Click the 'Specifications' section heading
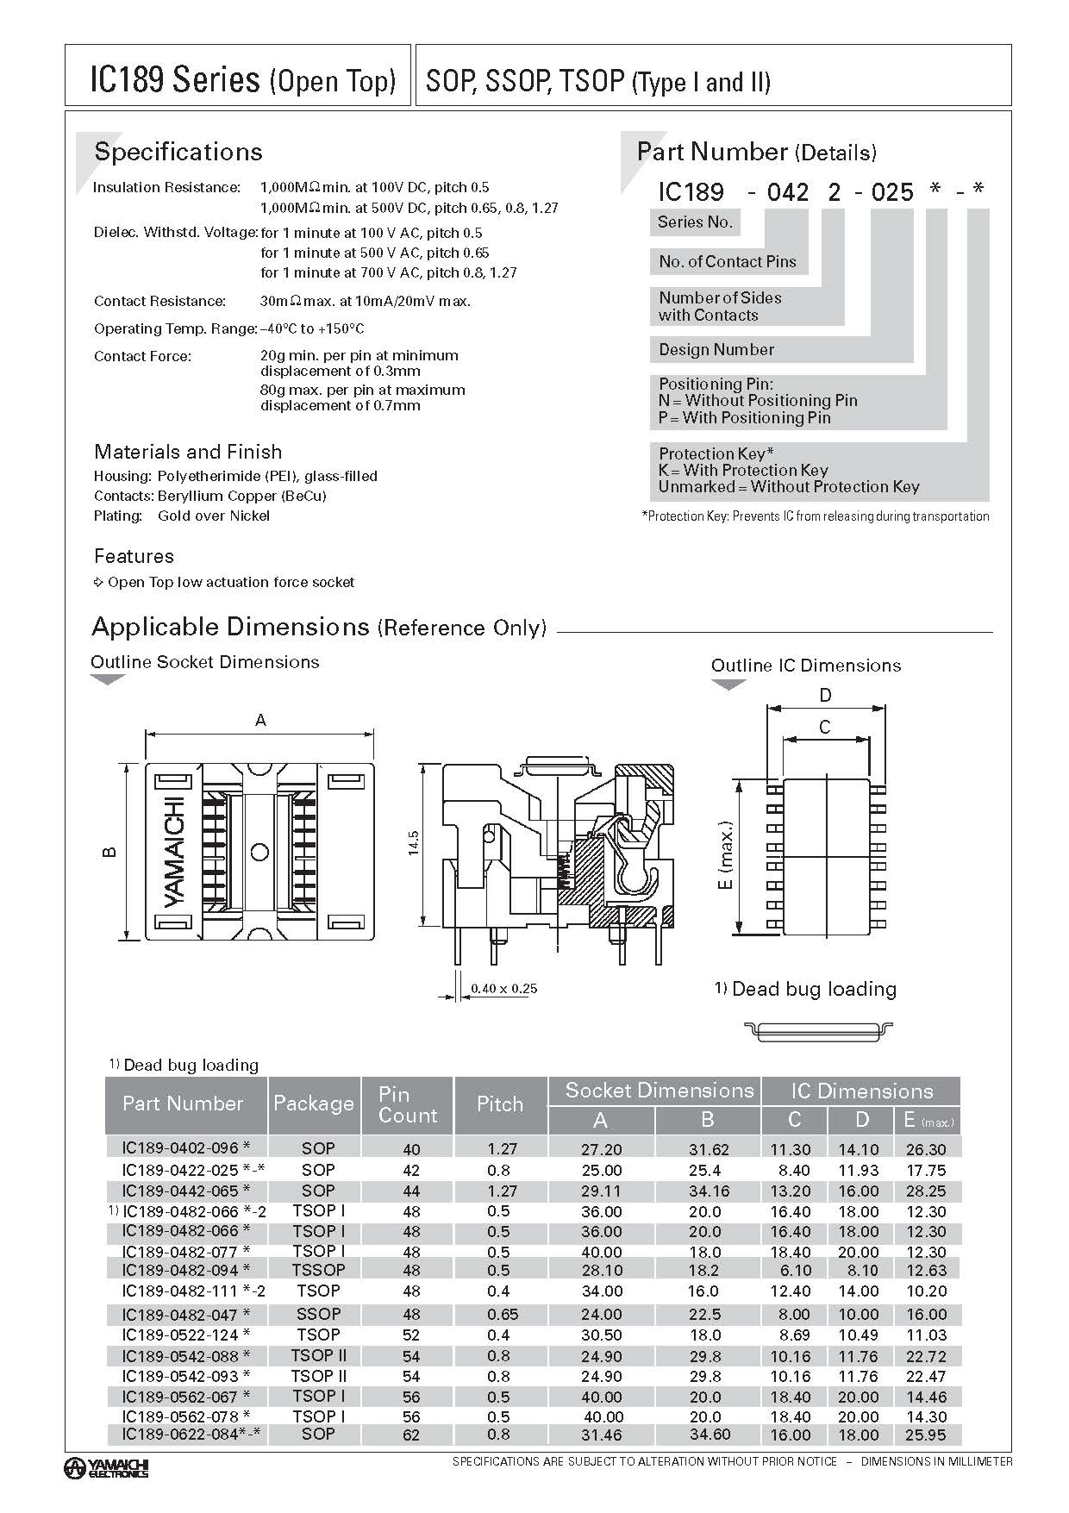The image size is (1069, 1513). (178, 152)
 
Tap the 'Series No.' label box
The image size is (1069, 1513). (695, 222)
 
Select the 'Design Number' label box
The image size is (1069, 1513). (716, 349)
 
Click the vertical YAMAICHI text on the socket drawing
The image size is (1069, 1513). (174, 852)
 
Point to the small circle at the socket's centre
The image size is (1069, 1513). (259, 853)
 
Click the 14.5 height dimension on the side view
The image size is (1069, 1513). (414, 842)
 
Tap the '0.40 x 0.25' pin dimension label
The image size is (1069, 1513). (504, 988)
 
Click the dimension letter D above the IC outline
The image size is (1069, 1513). (825, 696)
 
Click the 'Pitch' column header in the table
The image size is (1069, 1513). (500, 1104)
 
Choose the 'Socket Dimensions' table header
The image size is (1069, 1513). (660, 1091)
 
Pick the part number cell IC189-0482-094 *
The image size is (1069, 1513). (186, 1270)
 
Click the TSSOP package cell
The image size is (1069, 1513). (318, 1270)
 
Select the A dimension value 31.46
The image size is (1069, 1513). (602, 1435)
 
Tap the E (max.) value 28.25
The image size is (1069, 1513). (926, 1191)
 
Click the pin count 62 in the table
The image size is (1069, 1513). (411, 1435)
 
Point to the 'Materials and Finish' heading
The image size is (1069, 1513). (188, 452)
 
